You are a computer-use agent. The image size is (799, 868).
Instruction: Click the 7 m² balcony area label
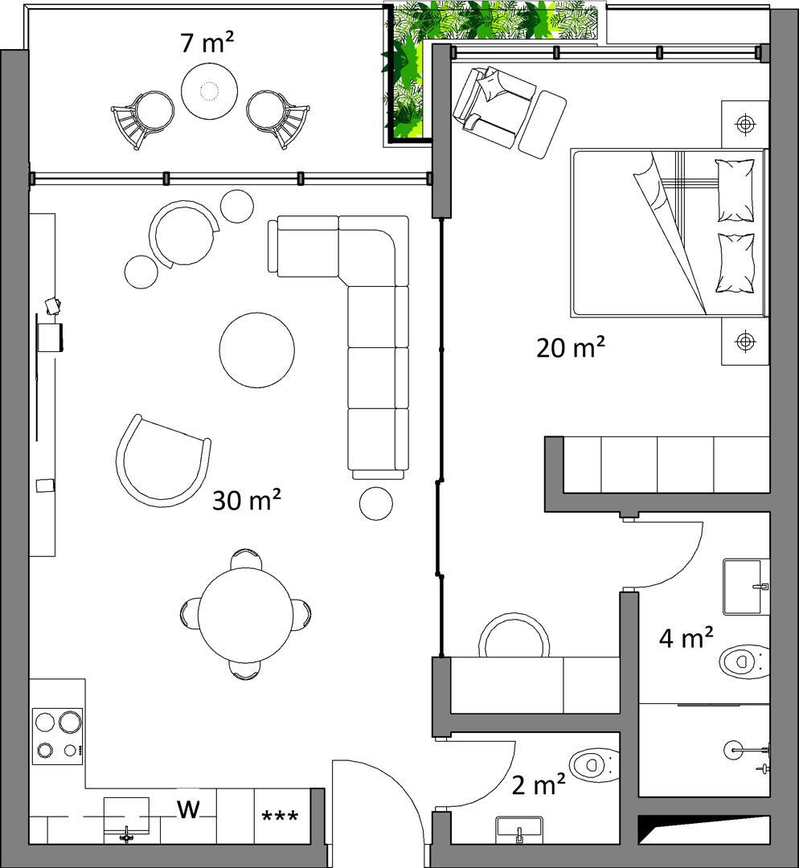point(207,43)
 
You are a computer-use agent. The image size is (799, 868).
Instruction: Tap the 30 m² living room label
point(247,500)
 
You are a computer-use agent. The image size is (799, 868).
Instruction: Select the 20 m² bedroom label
point(571,347)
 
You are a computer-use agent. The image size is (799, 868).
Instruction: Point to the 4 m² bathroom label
point(686,637)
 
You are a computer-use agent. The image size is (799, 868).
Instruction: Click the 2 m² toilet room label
point(539,784)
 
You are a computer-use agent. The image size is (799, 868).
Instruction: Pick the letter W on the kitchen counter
point(188,809)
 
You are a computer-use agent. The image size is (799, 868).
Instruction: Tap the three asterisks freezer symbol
point(280,816)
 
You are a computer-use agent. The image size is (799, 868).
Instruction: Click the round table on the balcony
point(210,90)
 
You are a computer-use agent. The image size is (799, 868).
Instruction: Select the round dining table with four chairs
point(245,615)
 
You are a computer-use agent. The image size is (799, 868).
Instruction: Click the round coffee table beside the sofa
point(257,350)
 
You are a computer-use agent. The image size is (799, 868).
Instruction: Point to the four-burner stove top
point(58,735)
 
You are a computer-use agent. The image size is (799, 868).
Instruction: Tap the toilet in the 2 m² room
point(594,765)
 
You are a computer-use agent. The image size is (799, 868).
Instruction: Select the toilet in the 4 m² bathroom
point(744,661)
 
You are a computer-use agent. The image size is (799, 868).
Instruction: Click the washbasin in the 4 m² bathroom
point(745,587)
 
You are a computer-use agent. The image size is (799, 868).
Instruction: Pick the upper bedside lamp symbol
point(745,124)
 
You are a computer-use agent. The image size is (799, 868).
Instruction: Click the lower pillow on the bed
point(735,263)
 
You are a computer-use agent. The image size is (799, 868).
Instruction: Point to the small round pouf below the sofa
point(376,503)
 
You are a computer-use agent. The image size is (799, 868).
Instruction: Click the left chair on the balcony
point(143,118)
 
